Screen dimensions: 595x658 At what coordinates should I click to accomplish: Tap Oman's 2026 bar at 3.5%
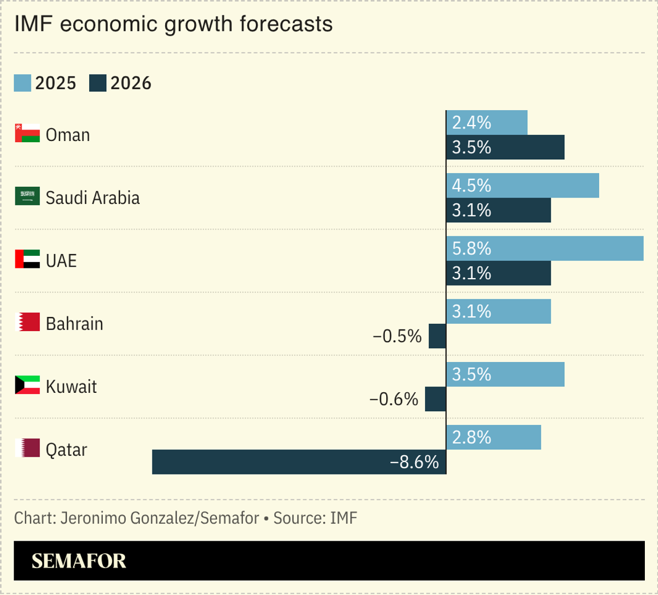click(505, 147)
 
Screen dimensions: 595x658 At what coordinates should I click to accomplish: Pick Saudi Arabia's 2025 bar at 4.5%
click(522, 186)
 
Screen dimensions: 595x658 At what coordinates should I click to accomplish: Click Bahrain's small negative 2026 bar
click(437, 336)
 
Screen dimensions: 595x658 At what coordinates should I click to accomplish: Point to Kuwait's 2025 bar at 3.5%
click(505, 374)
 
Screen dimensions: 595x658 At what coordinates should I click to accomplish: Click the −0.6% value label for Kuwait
click(394, 399)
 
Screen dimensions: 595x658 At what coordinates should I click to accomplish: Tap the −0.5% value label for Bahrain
click(396, 336)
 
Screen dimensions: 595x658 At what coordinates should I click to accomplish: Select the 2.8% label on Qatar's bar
click(472, 437)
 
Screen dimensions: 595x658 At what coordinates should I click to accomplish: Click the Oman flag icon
click(27, 133)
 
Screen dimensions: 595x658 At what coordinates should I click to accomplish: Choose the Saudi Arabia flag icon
click(27, 196)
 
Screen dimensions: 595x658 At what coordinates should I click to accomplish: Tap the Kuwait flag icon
click(27, 385)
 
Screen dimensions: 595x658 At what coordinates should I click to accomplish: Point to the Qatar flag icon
click(27, 448)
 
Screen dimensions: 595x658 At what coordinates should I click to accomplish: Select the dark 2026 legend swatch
click(98, 83)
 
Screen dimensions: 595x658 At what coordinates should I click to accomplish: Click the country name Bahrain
click(74, 324)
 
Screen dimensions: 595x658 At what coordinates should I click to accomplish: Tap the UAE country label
click(61, 261)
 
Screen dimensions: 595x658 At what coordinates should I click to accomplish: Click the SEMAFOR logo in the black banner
click(79, 561)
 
